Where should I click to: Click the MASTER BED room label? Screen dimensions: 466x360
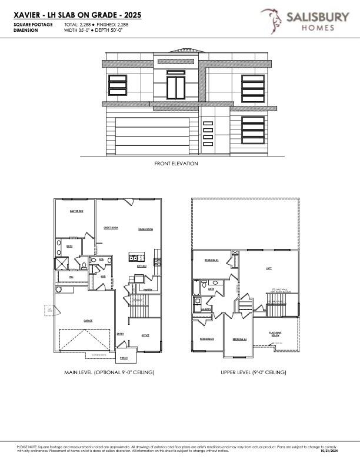tap(76, 211)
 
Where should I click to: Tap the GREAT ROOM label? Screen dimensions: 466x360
tap(111, 227)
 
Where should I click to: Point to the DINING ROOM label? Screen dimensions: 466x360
tap(145, 229)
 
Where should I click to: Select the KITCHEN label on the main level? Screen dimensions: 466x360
tap(142, 266)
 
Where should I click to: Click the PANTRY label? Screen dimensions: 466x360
tap(148, 289)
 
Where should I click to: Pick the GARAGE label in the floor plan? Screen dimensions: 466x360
tap(88, 321)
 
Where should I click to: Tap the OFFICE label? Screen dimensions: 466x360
tap(145, 335)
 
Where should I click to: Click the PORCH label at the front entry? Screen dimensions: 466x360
tap(124, 358)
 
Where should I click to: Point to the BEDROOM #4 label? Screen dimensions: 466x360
tap(239, 339)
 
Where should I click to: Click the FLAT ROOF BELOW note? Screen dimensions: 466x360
tap(275, 334)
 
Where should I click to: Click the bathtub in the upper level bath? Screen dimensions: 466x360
tap(196, 288)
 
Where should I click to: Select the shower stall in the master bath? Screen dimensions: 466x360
tap(61, 263)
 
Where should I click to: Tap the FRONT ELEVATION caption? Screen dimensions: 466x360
tap(176, 164)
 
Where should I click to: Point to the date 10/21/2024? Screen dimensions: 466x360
tap(329, 451)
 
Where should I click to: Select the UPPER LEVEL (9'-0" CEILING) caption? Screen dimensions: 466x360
tap(254, 372)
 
